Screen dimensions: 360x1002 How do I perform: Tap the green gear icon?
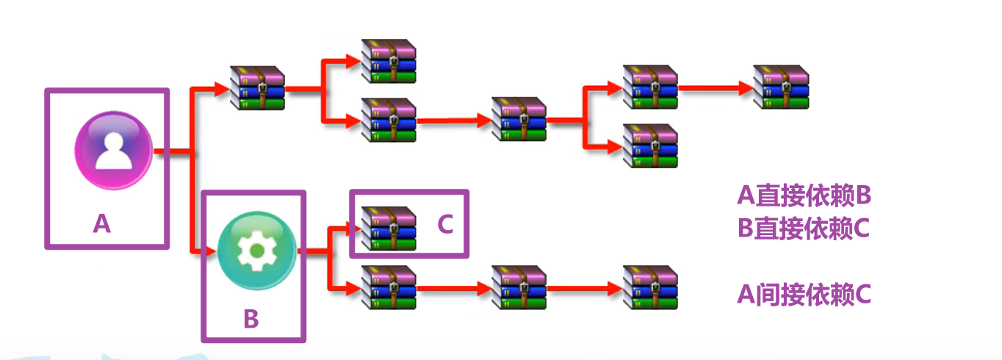click(256, 251)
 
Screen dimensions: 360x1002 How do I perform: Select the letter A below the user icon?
click(102, 222)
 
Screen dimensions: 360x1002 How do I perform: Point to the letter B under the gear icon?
click(251, 320)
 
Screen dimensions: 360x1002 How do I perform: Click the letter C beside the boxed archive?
click(445, 225)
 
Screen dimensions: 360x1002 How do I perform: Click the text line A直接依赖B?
click(804, 195)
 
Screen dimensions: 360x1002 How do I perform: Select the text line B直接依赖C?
click(804, 228)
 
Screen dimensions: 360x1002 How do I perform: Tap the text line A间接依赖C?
click(804, 295)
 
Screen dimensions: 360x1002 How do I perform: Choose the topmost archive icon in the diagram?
click(389, 61)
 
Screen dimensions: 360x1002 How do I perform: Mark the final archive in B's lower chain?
click(650, 288)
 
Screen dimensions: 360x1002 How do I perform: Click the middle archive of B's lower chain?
click(519, 288)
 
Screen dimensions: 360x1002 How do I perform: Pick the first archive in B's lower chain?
click(389, 288)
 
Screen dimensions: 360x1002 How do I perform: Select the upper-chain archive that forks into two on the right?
click(519, 119)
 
